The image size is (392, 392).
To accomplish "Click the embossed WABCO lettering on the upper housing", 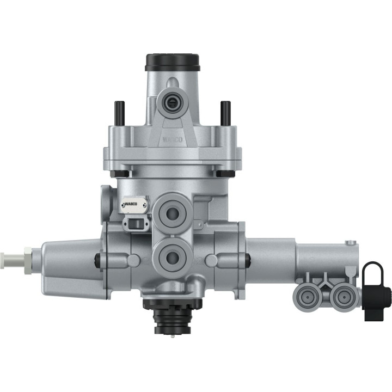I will pyautogui.click(x=173, y=140).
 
